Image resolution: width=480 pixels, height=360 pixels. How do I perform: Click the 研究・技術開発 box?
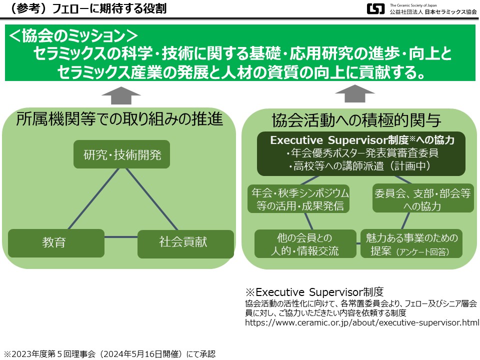[121, 154]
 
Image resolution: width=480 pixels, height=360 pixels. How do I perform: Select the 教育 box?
[56, 243]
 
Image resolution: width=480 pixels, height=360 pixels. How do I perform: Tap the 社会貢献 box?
[185, 244]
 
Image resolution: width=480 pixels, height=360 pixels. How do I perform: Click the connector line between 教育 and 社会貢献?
[121, 237]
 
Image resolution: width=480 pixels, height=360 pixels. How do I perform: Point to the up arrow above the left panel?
[121, 95]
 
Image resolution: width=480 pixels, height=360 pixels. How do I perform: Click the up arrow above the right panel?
[355, 93]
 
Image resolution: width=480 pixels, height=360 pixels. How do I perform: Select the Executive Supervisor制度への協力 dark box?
[361, 153]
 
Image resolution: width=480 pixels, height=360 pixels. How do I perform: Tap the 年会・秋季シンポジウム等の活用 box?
[298, 198]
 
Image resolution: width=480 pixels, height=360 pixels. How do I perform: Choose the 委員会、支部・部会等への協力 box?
[423, 198]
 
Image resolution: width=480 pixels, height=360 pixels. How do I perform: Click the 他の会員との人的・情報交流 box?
[305, 244]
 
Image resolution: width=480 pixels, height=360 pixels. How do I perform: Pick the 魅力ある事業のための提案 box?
[411, 244]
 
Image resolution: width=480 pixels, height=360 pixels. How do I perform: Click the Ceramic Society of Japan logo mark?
[375, 8]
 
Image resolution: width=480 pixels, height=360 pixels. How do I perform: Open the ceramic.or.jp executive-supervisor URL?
[362, 322]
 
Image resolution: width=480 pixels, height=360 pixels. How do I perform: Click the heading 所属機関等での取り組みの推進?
[119, 119]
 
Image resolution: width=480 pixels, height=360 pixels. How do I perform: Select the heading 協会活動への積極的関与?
[356, 120]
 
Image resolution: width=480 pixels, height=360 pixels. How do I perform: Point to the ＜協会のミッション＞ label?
[73, 35]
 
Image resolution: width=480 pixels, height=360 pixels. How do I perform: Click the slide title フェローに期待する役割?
[109, 8]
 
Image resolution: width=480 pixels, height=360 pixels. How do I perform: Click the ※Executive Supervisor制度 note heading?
[314, 292]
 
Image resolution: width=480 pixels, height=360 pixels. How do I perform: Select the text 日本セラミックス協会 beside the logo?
[450, 11]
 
